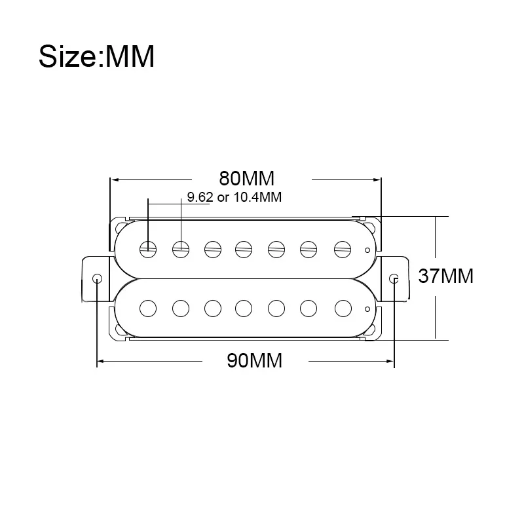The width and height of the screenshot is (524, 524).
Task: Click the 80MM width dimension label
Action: (x=247, y=178)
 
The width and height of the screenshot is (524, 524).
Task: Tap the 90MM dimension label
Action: (x=255, y=361)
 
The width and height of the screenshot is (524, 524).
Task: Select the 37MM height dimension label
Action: (x=446, y=276)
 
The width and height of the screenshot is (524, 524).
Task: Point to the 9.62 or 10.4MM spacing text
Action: (x=234, y=197)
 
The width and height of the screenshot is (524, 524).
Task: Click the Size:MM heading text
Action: (x=96, y=56)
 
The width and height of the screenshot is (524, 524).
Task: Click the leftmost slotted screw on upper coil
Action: (x=148, y=250)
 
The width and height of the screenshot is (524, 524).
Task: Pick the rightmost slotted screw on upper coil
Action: (x=343, y=250)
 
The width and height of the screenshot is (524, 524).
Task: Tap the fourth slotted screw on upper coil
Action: (x=244, y=250)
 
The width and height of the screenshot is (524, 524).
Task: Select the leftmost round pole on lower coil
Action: (x=148, y=308)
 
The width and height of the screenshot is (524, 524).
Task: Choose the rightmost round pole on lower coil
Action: (x=343, y=308)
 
